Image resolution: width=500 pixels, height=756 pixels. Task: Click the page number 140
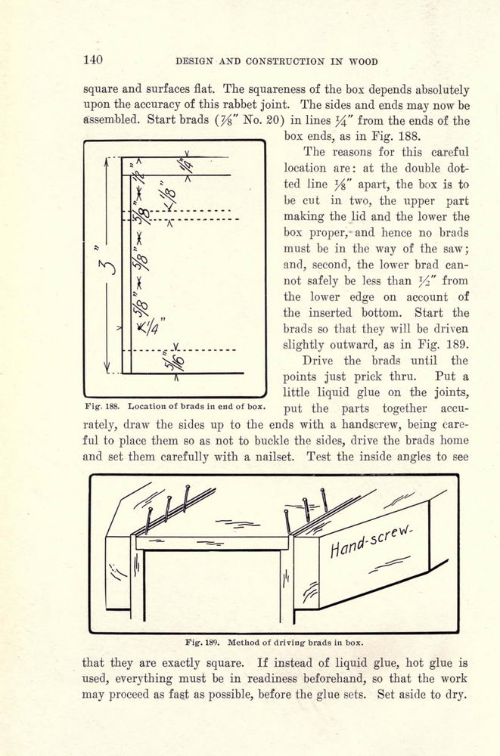pos(93,60)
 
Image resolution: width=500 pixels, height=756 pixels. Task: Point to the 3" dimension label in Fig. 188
pos(107,263)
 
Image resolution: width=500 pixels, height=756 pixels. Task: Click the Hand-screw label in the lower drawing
pos(371,541)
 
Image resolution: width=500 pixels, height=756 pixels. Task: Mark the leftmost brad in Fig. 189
pos(149,521)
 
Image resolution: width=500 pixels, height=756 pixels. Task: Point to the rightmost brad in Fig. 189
pos(324,500)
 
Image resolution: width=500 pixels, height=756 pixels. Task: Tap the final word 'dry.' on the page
pos(456,695)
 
